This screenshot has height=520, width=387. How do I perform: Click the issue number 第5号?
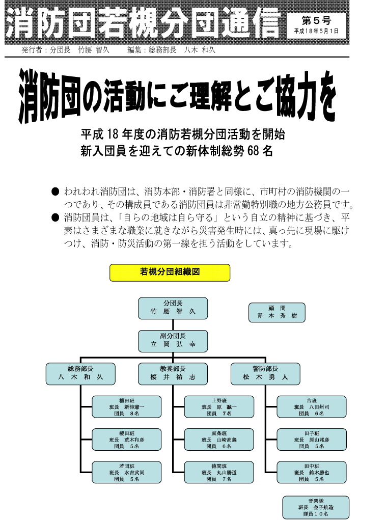pyautogui.click(x=316, y=21)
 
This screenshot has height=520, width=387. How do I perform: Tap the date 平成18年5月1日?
pyautogui.click(x=316, y=31)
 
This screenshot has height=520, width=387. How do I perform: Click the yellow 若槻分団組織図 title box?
pyautogui.click(x=170, y=272)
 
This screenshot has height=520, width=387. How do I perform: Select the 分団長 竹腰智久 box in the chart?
pyautogui.click(x=173, y=308)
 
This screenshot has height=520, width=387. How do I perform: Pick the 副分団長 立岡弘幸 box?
pyautogui.click(x=173, y=341)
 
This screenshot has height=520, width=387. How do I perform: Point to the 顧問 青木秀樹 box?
pyautogui.click(x=277, y=312)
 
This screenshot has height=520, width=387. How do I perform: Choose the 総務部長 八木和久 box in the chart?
pyautogui.click(x=80, y=374)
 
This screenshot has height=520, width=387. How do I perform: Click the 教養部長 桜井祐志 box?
pyautogui.click(x=173, y=374)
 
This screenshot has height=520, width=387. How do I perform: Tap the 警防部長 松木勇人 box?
pyautogui.click(x=265, y=374)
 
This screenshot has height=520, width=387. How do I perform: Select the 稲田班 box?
pyautogui.click(x=127, y=406)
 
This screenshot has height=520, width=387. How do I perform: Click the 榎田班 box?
pyautogui.click(x=127, y=440)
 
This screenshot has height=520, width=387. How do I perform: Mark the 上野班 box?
pyautogui.click(x=219, y=406)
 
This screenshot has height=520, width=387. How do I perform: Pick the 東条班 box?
pyautogui.click(x=219, y=440)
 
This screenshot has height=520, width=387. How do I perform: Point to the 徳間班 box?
pyautogui.click(x=219, y=472)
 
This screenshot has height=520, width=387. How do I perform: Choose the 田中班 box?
pyautogui.click(x=312, y=472)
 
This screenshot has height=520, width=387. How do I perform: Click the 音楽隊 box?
pyautogui.click(x=316, y=507)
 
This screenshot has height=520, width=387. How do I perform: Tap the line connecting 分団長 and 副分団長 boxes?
pyautogui.click(x=173, y=324)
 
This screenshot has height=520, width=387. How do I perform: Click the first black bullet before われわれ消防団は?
pyautogui.click(x=55, y=191)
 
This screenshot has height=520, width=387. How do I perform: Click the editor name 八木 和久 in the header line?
pyautogui.click(x=200, y=50)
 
